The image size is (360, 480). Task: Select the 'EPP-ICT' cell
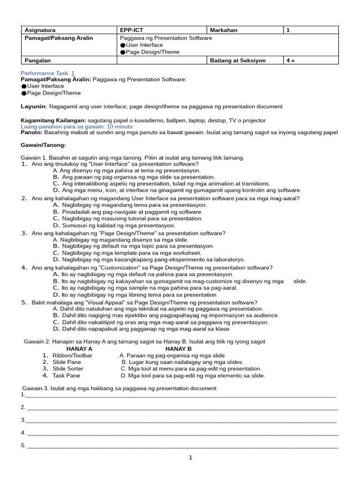click(x=132, y=30)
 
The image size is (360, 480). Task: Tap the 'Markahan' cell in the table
click(x=225, y=30)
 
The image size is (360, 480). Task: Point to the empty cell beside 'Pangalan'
click(x=162, y=60)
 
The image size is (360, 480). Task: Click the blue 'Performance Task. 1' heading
click(x=47, y=73)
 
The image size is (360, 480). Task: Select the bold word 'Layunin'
click(x=33, y=106)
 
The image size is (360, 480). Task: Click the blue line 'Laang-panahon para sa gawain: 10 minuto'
click(x=76, y=127)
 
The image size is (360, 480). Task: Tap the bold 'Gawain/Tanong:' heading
click(x=44, y=145)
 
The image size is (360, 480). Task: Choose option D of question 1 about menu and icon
click(x=181, y=190)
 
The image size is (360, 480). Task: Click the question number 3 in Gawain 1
click(x=24, y=233)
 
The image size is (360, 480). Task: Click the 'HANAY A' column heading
click(x=79, y=349)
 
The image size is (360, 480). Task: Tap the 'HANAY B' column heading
click(x=178, y=349)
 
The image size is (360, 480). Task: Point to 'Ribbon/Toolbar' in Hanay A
click(x=72, y=356)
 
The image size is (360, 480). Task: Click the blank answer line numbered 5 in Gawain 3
click(x=183, y=446)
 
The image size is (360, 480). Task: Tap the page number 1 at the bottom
click(x=191, y=458)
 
